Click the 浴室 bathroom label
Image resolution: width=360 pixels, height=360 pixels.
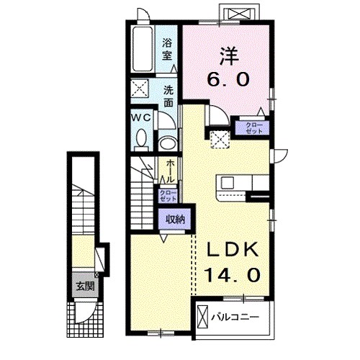168,48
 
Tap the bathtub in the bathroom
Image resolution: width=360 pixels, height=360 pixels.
143,50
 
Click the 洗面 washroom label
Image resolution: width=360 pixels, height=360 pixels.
168,97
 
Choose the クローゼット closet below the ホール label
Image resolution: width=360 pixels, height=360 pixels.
167,197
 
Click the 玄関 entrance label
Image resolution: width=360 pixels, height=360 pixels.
86,285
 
